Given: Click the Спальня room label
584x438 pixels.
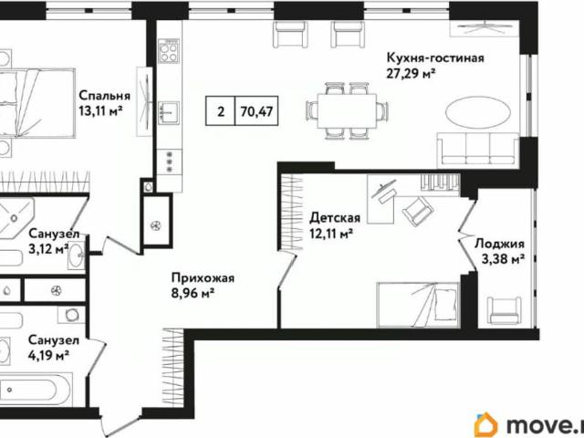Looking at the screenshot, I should tap(104, 93).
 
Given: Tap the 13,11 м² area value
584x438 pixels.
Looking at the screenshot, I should tap(100, 110).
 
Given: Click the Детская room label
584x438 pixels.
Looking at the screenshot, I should tap(335, 218).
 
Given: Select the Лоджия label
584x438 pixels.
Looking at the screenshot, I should tap(499, 244).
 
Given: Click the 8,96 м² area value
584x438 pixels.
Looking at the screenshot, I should tap(193, 293).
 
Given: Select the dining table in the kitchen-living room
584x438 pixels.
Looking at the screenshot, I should tap(345, 109).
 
